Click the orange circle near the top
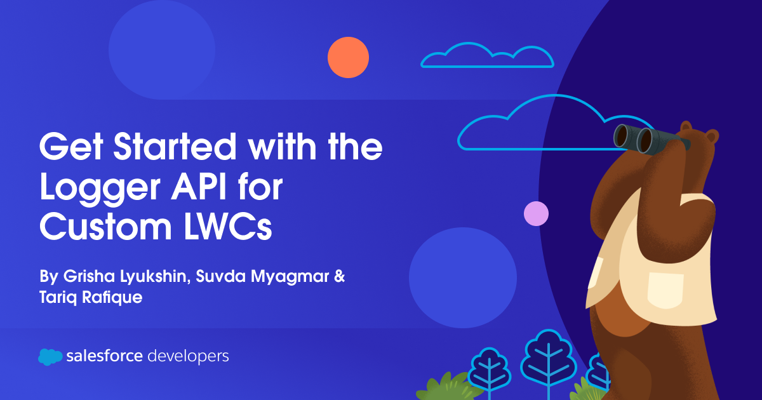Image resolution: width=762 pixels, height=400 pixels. coord(348,57)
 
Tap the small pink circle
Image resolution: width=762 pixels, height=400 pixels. coord(536,213)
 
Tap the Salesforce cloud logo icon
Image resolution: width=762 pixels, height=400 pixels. coord(50,357)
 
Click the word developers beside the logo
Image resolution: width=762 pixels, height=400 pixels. coord(188,356)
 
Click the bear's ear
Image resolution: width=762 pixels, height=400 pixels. coord(711,135)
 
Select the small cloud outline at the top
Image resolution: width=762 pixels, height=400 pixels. coord(487,56)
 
